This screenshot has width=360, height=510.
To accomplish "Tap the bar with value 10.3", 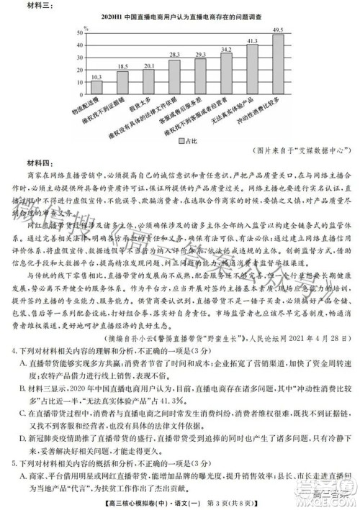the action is click(96, 86).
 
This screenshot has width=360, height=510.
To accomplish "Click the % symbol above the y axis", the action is click(86, 27).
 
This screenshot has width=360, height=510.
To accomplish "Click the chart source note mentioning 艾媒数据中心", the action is click(299, 152).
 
